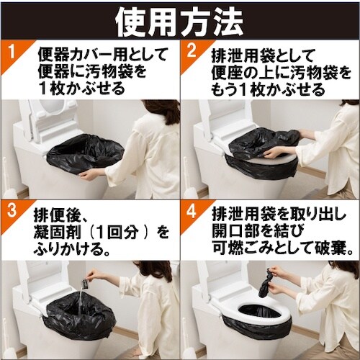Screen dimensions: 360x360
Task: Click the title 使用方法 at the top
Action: pos(180,19)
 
